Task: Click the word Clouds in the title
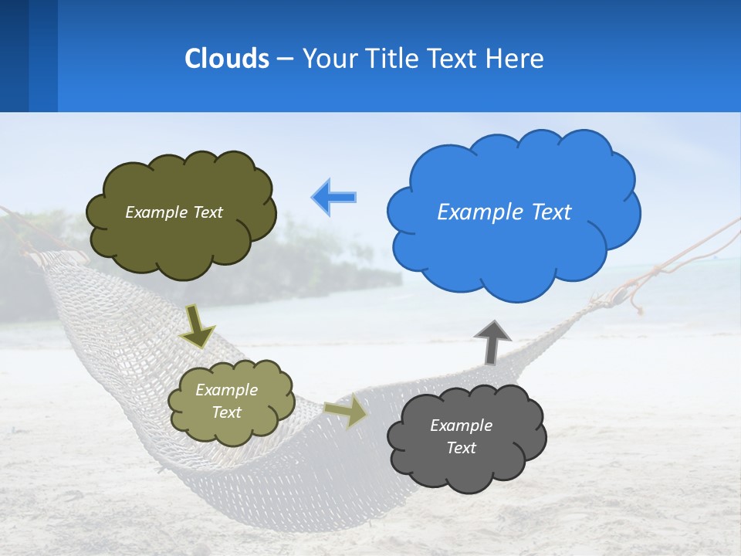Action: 227,59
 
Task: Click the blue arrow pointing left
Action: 334,198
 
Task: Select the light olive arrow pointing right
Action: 347,412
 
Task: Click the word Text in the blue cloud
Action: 551,212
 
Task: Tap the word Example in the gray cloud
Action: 461,425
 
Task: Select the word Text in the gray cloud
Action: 461,448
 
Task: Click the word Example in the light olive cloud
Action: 226,390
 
